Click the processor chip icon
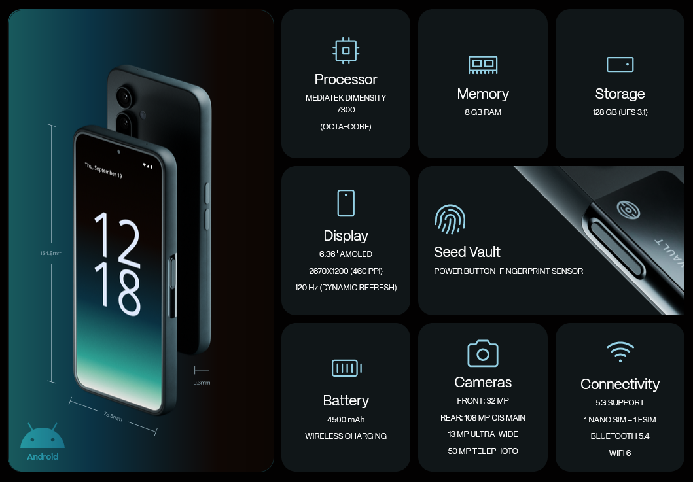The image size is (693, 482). tap(346, 50)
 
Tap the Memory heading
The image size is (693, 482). tap(483, 94)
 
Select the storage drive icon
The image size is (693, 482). tap(620, 65)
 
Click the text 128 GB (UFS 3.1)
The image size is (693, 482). tap(620, 112)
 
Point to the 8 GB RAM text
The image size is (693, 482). tap(483, 112)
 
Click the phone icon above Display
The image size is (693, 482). tap(346, 203)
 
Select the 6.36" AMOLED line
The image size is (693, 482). tap(346, 254)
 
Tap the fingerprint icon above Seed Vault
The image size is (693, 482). tap(450, 219)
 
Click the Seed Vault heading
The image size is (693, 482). tap(467, 252)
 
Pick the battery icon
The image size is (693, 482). tap(347, 368)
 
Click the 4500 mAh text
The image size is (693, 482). tap(346, 419)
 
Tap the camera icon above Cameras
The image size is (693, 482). tap(483, 353)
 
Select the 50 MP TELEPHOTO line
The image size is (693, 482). tap(483, 451)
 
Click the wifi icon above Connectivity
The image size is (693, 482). tap(620, 352)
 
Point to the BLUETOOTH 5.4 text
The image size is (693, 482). tap(620, 436)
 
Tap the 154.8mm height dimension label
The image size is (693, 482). tap(51, 253)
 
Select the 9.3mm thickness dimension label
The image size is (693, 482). tap(202, 383)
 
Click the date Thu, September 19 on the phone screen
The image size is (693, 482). tap(103, 170)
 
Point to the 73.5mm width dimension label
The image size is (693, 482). tap(113, 416)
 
